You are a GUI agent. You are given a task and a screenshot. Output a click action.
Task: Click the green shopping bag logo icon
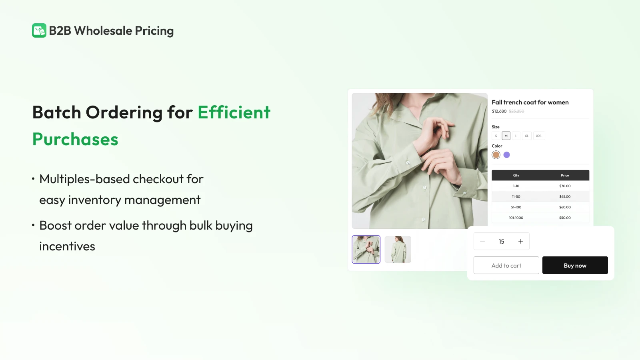point(39,30)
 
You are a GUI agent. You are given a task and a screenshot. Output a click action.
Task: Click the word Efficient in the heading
point(234,112)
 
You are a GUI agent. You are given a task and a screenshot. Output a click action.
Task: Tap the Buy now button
point(575,265)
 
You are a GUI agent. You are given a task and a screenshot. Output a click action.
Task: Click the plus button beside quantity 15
point(520,242)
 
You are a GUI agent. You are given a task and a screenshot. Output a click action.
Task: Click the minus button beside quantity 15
point(482,242)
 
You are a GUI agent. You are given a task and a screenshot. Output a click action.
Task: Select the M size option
point(506,136)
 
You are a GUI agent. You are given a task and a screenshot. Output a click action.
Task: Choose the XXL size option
point(539,136)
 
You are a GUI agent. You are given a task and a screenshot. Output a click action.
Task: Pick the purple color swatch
point(506,155)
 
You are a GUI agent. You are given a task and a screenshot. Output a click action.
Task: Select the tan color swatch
point(496,155)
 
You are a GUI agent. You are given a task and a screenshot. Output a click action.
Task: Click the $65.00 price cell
point(565,196)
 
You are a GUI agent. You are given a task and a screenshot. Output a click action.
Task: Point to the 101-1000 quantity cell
point(516,218)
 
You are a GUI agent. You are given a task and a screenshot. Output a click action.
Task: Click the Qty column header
point(516,176)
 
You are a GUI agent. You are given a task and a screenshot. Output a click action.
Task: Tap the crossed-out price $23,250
point(516,111)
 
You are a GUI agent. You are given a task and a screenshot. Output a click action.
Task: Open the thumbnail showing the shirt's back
point(398,250)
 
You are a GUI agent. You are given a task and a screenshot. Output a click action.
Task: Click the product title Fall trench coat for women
point(530,102)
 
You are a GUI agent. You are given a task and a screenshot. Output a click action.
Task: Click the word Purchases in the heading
point(75,139)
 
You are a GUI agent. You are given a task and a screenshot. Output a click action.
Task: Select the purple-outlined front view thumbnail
point(366,250)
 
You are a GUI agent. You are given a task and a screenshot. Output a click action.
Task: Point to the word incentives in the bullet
point(67,246)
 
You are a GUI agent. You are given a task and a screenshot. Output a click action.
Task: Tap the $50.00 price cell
point(565,218)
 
